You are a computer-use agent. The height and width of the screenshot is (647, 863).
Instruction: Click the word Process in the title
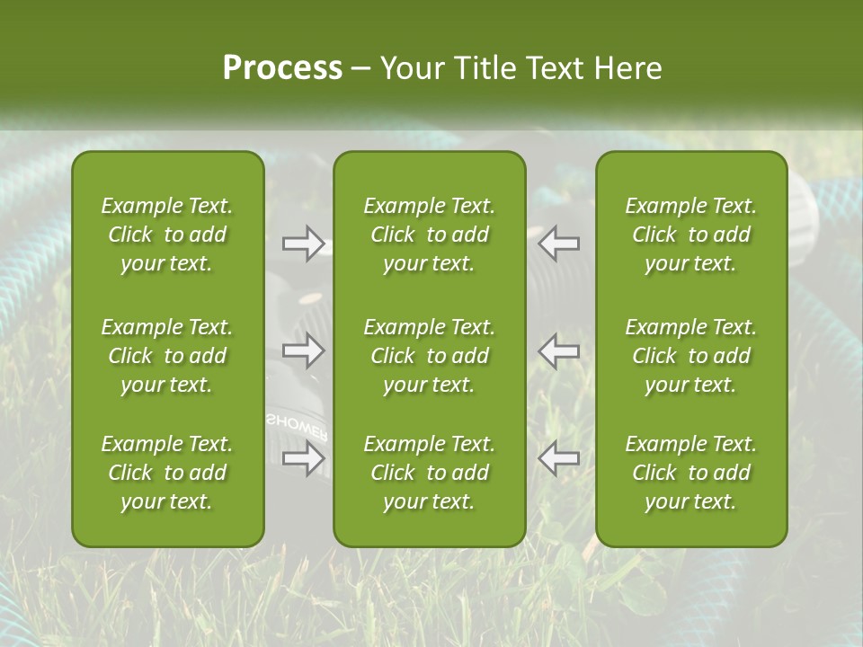pos(282,68)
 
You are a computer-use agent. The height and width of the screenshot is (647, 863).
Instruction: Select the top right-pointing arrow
pos(303,244)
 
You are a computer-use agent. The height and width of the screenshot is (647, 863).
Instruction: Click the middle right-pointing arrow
pos(303,350)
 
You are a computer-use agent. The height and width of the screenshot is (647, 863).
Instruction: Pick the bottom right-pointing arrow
pos(303,459)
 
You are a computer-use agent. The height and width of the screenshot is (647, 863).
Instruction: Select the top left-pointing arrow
pos(559,244)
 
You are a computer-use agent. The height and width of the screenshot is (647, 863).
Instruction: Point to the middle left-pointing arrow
pos(559,350)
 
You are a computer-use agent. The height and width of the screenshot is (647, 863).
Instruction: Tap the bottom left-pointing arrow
pos(559,459)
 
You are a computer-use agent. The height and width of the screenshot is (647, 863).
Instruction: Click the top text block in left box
pos(167,235)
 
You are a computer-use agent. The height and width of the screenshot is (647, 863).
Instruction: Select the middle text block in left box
pos(167,356)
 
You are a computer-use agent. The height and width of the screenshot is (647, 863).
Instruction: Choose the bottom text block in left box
pos(167,473)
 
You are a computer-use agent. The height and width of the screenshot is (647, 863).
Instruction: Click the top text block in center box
pos(429,235)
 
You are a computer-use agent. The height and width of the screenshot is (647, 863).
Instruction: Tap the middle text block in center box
pos(429,356)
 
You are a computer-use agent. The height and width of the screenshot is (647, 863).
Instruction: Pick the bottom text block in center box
pos(429,473)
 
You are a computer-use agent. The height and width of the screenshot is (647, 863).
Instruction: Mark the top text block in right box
pos(691,235)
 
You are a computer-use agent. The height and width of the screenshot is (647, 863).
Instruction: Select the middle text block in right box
pos(691,356)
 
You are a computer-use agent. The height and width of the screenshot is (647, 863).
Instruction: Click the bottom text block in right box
pos(691,473)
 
